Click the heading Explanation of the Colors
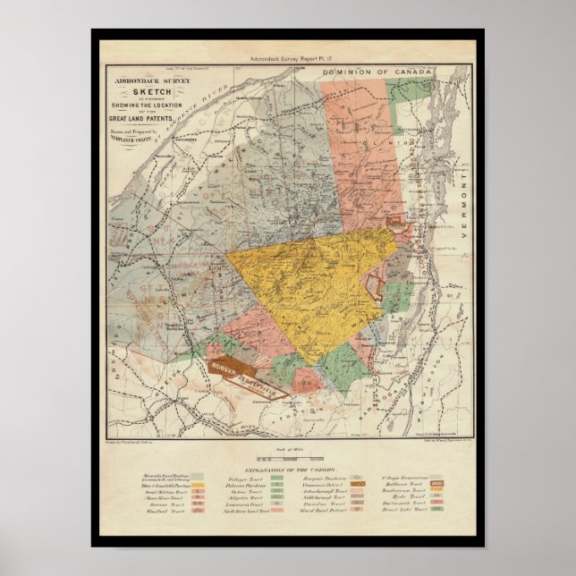pos(289,470)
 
